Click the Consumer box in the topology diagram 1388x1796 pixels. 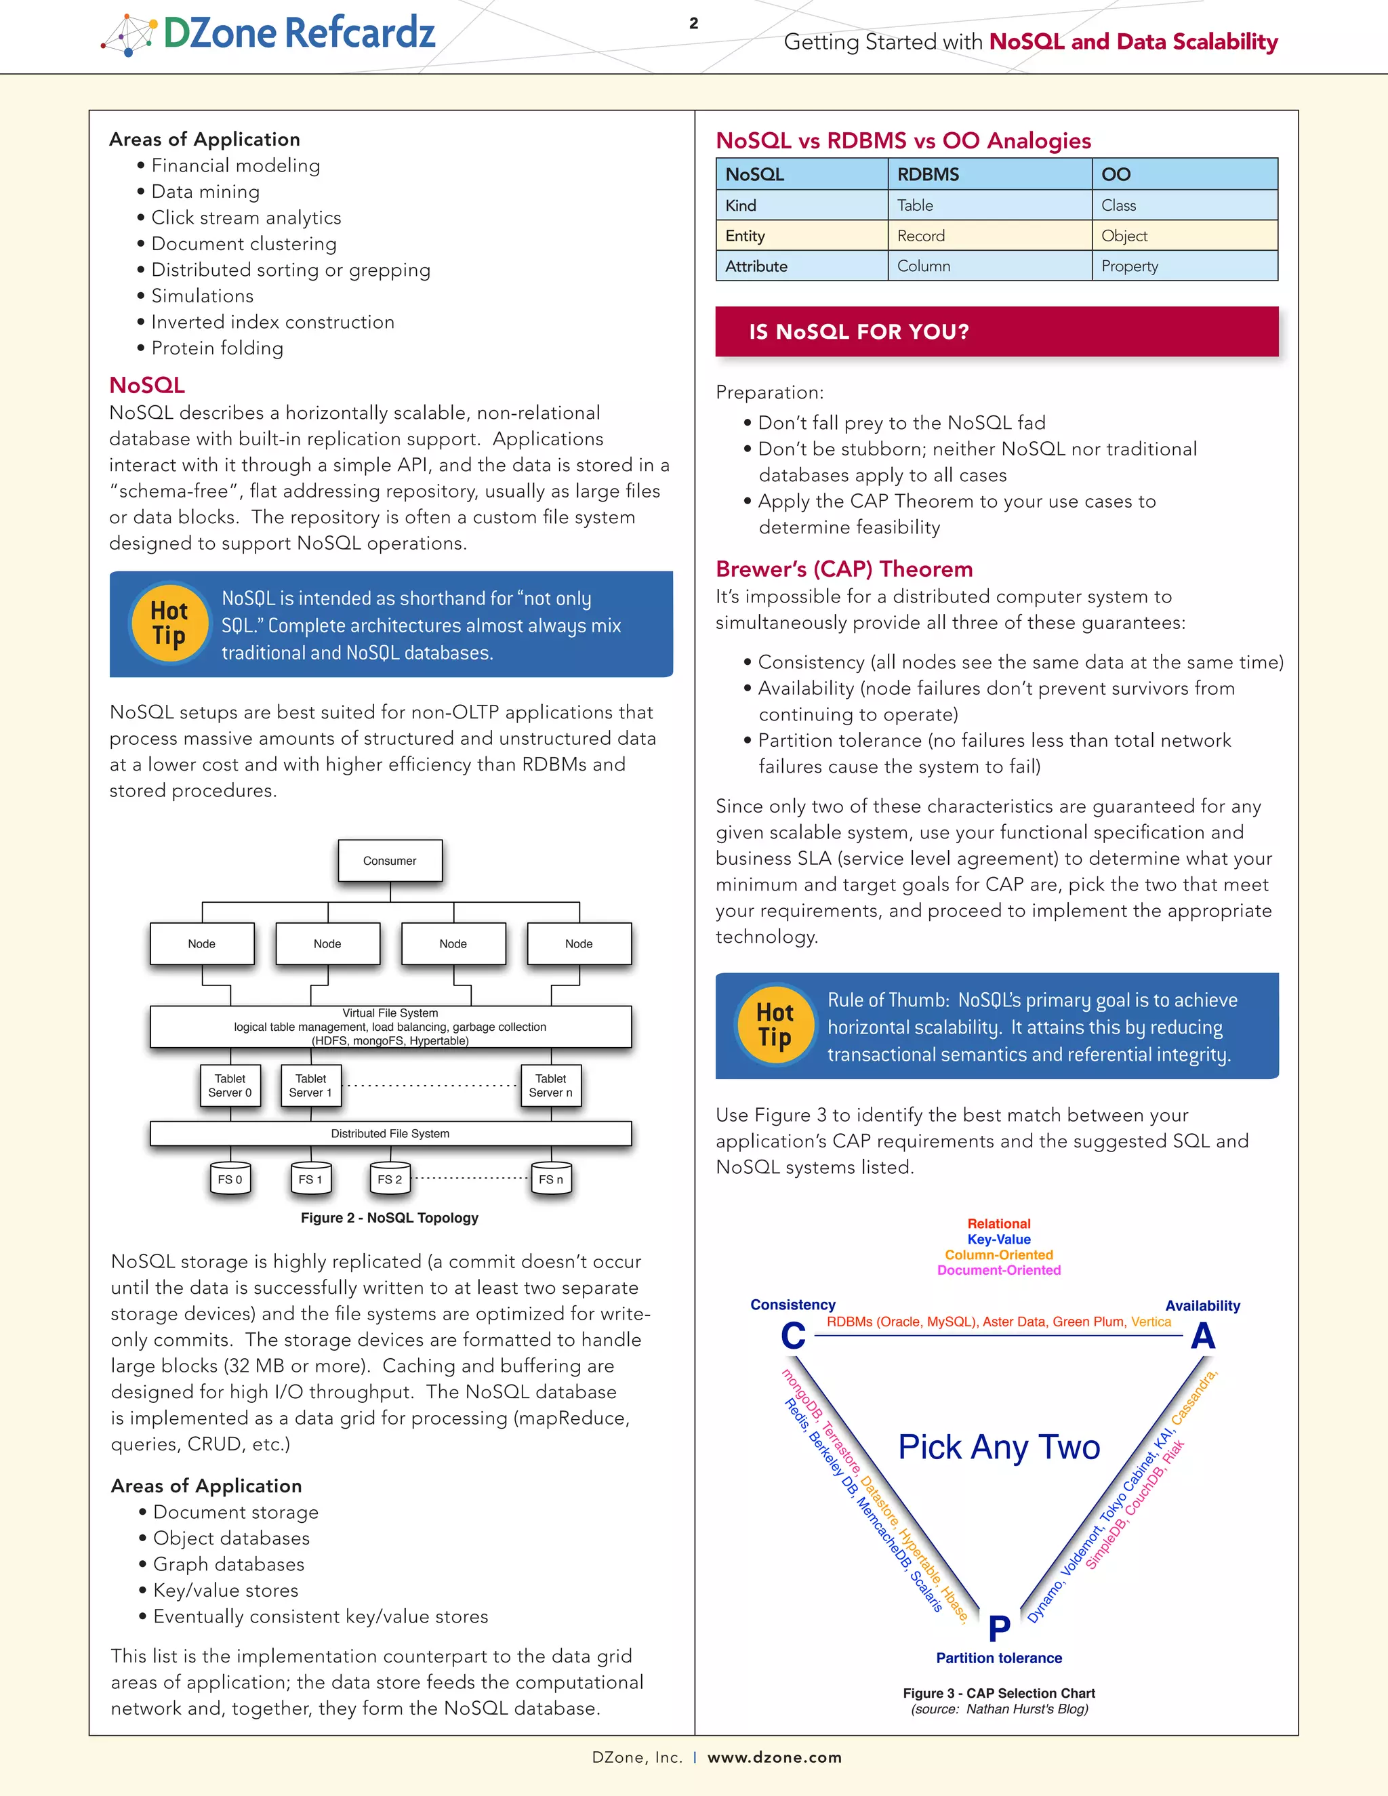(390, 860)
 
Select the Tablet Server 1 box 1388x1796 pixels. (311, 1086)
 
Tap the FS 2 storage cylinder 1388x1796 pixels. (390, 1179)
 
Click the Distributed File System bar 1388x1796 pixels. (390, 1133)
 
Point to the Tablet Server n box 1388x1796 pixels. (551, 1086)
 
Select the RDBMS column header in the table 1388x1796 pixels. (928, 174)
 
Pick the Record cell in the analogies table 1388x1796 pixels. (921, 236)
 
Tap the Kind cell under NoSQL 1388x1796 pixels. (741, 205)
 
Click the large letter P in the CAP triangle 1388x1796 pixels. (999, 1628)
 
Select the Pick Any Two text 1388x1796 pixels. (998, 1448)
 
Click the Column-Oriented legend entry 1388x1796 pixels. (998, 1255)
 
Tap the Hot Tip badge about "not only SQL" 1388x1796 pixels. (169, 624)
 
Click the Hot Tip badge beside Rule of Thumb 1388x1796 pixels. (775, 1025)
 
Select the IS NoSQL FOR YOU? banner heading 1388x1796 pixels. (859, 331)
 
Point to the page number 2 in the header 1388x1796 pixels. (693, 23)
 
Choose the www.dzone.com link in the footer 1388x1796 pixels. (775, 1757)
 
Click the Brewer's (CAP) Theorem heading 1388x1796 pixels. (844, 569)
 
